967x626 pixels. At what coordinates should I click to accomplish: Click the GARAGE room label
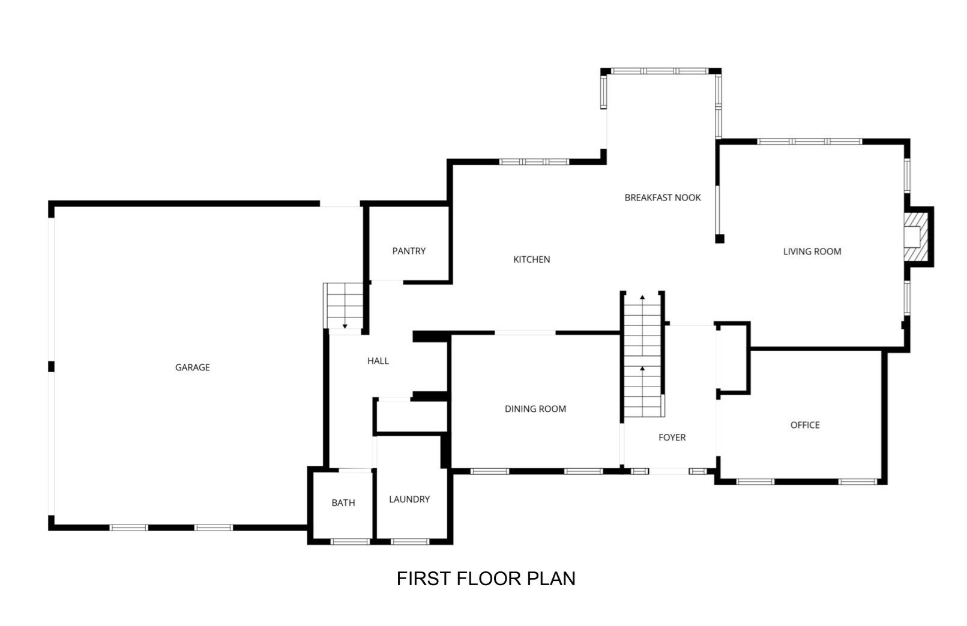(192, 367)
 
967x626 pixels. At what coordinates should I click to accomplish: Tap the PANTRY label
(409, 251)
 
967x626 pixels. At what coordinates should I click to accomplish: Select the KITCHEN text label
(531, 259)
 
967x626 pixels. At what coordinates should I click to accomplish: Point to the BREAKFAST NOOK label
(662, 197)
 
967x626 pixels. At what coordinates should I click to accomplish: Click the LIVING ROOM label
(812, 251)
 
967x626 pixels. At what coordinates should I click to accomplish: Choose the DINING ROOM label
(535, 409)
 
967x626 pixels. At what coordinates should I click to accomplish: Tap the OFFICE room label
(804, 425)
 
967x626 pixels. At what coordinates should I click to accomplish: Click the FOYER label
(672, 438)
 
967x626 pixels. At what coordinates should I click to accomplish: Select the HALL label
(378, 361)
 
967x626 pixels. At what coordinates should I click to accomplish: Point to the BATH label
(343, 503)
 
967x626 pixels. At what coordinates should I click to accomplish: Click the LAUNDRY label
(409, 499)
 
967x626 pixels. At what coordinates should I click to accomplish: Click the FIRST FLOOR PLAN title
(486, 579)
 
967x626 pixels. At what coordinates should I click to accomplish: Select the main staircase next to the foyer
(642, 357)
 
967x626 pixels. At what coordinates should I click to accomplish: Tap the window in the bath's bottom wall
(350, 541)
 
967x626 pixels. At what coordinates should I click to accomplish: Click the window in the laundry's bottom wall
(409, 541)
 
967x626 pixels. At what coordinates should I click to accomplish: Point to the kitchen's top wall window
(534, 161)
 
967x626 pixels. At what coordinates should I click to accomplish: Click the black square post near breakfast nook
(720, 239)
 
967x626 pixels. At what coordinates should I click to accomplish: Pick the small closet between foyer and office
(732, 359)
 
